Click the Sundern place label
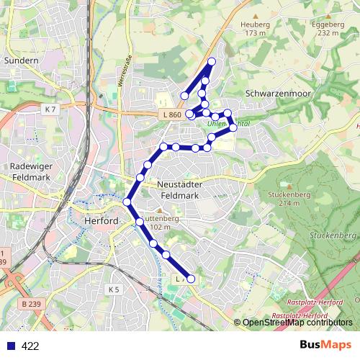[21, 60]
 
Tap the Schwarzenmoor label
[276, 93]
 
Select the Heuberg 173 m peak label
[256, 28]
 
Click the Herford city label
[100, 221]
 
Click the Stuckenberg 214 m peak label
[283, 198]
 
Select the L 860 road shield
[170, 115]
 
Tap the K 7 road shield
[49, 109]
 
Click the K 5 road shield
[114, 289]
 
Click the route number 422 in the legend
[30, 346]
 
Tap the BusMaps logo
[325, 345]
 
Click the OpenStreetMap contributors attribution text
[297, 323]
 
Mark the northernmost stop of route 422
[211, 61]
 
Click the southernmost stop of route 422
[191, 279]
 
